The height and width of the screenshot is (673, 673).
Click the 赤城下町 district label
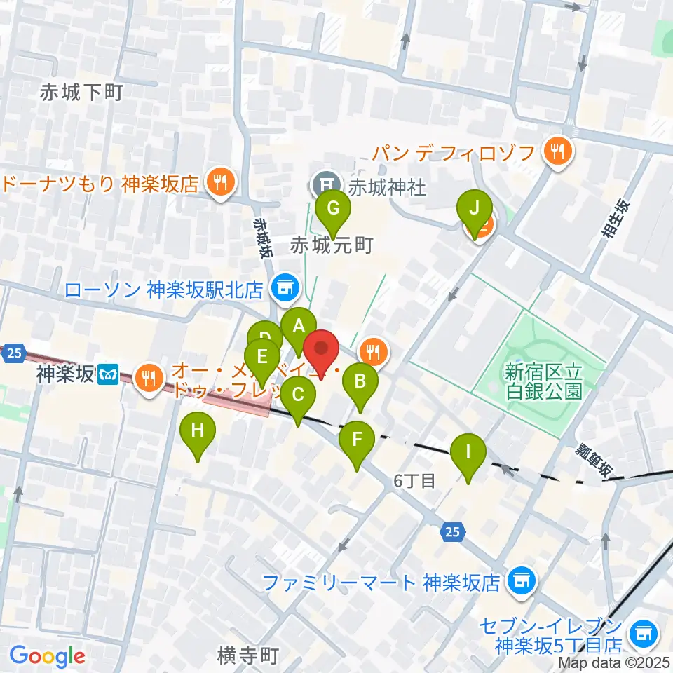pyautogui.click(x=81, y=92)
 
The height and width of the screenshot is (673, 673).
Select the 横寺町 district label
pyautogui.click(x=248, y=655)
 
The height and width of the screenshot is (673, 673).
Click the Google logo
pyautogui.click(x=47, y=655)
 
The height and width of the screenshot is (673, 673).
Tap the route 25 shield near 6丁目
pyautogui.click(x=452, y=533)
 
